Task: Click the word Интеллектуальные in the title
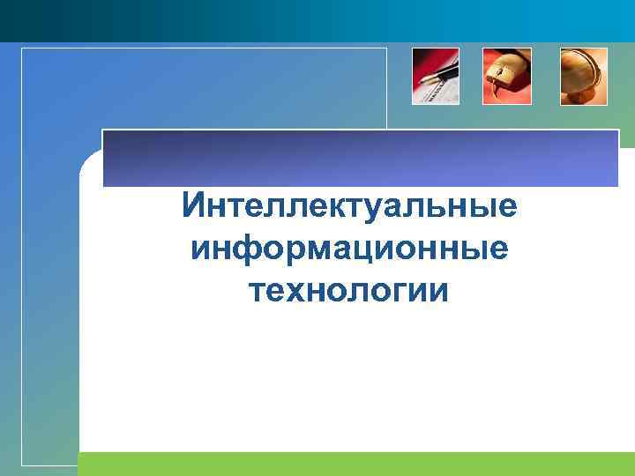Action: coord(348,208)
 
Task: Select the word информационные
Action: coord(348,249)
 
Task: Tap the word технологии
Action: coord(348,290)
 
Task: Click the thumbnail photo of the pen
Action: coord(436,77)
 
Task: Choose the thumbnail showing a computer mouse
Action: coord(507,77)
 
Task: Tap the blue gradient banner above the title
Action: coord(361,159)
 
